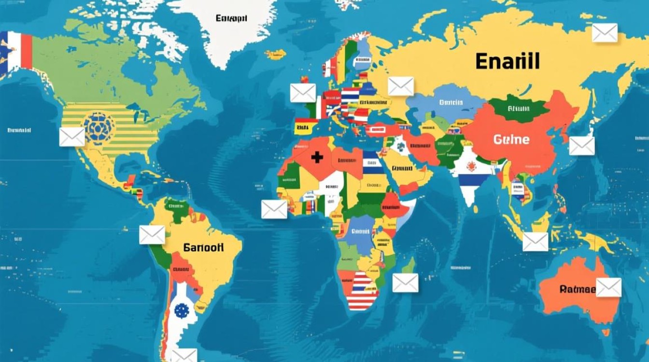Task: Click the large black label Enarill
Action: pyautogui.click(x=507, y=62)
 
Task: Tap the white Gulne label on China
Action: pyautogui.click(x=511, y=140)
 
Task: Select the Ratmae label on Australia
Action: pyautogui.click(x=578, y=289)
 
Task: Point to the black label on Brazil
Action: pyautogui.click(x=203, y=248)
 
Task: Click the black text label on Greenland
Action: pyautogui.click(x=231, y=19)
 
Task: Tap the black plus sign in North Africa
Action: pyautogui.click(x=317, y=157)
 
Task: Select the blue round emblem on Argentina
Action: pyautogui.click(x=181, y=310)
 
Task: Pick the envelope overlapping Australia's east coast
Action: pyautogui.click(x=608, y=287)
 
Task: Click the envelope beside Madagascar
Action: pyautogui.click(x=405, y=283)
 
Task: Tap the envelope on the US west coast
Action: pyautogui.click(x=72, y=137)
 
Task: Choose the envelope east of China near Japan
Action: pyautogui.click(x=581, y=146)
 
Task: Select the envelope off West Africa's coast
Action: pyautogui.click(x=274, y=209)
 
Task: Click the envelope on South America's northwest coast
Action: pyautogui.click(x=152, y=235)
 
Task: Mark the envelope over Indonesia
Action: pyautogui.click(x=536, y=242)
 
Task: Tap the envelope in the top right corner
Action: pyautogui.click(x=605, y=33)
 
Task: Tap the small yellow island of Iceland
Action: pyautogui.click(x=275, y=54)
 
